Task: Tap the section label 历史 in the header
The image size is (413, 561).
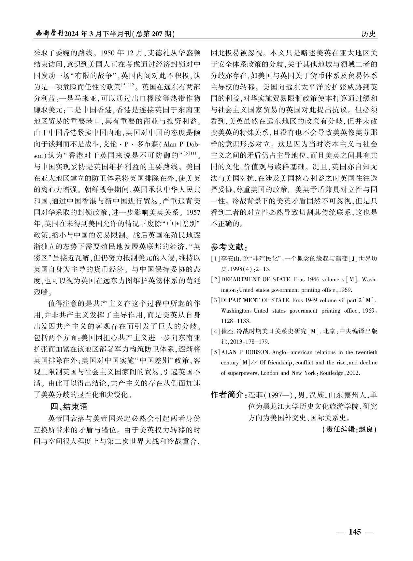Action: [x=369, y=34]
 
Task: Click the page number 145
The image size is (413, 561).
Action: [x=355, y=532]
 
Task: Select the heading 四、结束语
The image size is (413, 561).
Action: [x=68, y=406]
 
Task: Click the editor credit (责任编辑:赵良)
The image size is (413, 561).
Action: [x=349, y=429]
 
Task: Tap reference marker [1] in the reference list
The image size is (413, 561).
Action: [x=215, y=259]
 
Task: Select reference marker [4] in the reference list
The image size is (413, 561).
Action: [x=215, y=332]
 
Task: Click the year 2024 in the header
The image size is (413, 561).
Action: [x=72, y=34]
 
